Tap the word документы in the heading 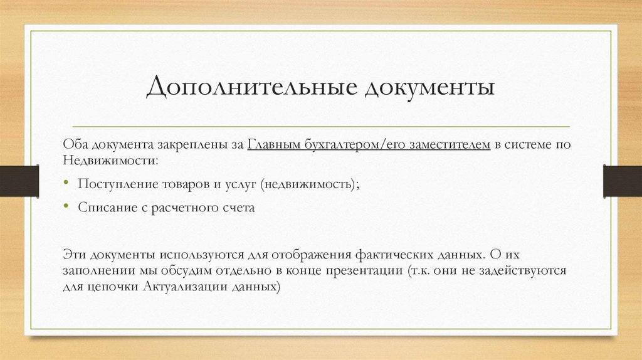pyautogui.click(x=429, y=87)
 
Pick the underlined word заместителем pyautogui.click(x=449, y=146)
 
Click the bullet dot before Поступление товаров pyautogui.click(x=67, y=183)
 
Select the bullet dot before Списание pyautogui.click(x=67, y=208)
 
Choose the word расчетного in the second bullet pyautogui.click(x=183, y=208)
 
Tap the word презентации pyautogui.click(x=367, y=272)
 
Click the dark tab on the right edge pyautogui.click(x=622, y=180)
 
